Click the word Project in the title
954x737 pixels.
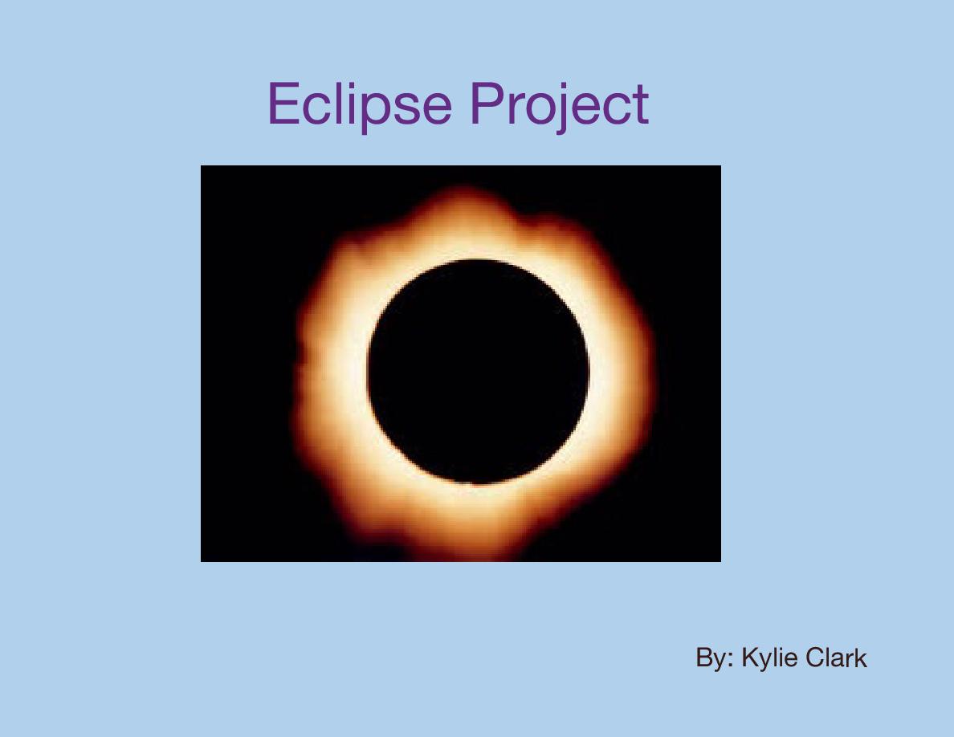point(558,104)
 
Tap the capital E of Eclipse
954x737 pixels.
point(283,104)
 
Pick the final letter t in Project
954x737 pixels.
point(640,106)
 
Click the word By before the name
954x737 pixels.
point(710,659)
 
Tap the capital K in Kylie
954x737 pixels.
point(749,658)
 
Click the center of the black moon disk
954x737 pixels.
point(479,372)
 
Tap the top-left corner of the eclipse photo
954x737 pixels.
point(202,166)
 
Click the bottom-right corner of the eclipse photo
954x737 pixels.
point(720,560)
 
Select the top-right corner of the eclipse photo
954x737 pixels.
point(720,166)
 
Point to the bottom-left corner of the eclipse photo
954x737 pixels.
point(202,560)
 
